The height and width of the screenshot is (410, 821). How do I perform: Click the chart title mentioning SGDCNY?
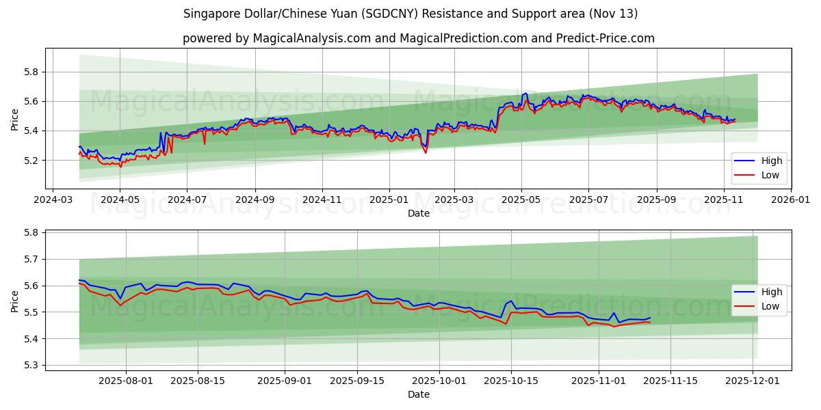pos(410,14)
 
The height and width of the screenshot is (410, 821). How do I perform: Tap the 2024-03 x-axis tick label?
pos(53,200)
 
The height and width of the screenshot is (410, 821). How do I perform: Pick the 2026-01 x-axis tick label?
pos(791,200)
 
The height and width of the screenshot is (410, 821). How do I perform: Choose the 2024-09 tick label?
pos(255,200)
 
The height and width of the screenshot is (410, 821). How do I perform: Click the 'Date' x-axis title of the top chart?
pos(418,213)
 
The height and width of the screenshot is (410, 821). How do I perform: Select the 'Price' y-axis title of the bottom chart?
pos(15,301)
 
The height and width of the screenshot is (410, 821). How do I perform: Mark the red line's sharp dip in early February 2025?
pos(426,152)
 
